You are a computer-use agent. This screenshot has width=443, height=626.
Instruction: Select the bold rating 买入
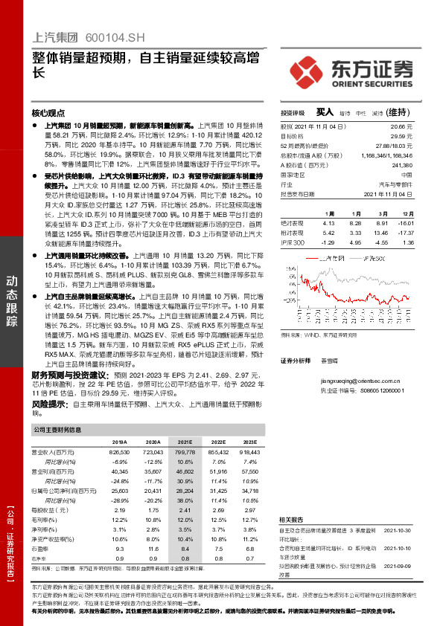click(x=325, y=112)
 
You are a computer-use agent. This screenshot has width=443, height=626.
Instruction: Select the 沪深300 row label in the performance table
click(x=293, y=242)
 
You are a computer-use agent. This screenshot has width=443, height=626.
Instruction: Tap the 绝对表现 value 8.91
click(x=383, y=222)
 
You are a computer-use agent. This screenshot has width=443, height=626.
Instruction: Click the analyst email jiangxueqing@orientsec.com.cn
click(x=357, y=379)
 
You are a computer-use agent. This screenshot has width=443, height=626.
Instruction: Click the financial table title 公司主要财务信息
click(x=57, y=429)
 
